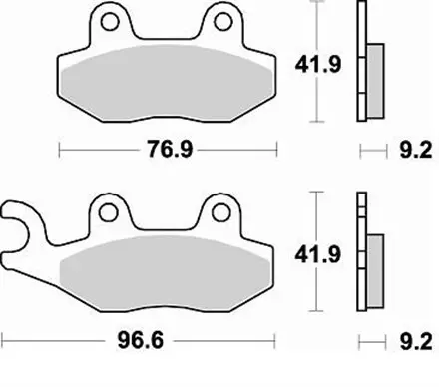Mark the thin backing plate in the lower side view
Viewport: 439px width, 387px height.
pyautogui.click(x=361, y=249)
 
